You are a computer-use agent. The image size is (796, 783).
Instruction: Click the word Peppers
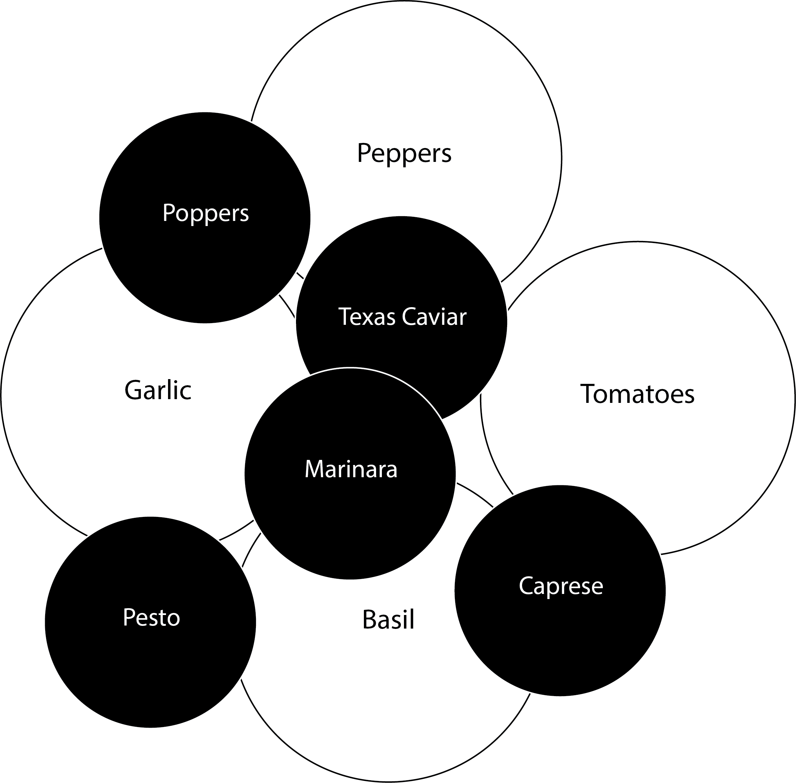coord(404,153)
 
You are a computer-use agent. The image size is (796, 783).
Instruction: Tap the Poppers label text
coord(205,213)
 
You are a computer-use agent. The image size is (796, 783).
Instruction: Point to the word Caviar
coord(434,317)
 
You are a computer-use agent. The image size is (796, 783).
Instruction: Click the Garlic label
coord(158,390)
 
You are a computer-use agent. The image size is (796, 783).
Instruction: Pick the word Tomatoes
coord(637,394)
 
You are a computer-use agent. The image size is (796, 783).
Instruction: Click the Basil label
coord(388,620)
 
